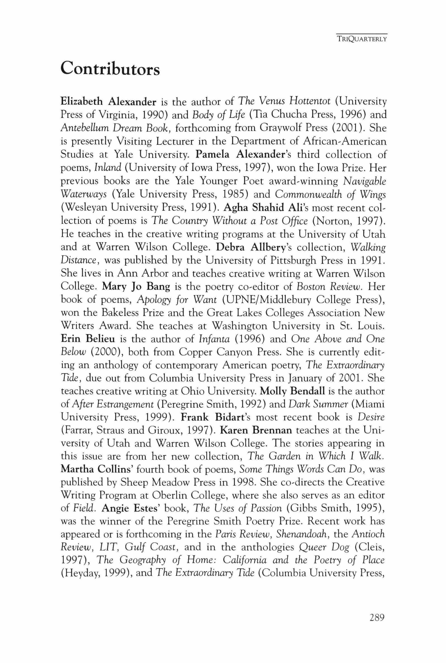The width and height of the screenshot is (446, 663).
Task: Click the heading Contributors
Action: point(110,69)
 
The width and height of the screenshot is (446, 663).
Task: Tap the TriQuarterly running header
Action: point(361,40)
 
